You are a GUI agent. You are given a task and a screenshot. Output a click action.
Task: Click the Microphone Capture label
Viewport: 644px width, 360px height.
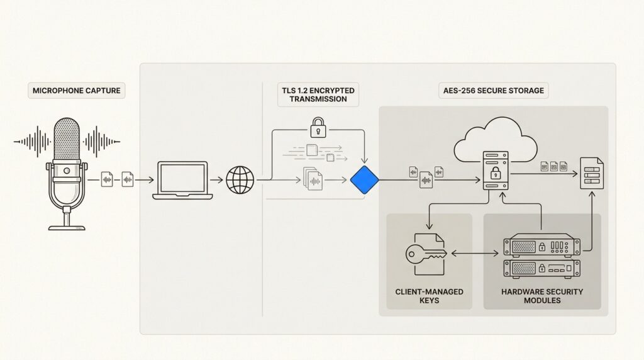[75, 91]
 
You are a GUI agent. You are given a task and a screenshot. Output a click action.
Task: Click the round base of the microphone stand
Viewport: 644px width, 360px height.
[67, 226]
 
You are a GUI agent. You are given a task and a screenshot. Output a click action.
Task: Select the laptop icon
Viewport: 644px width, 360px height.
[182, 180]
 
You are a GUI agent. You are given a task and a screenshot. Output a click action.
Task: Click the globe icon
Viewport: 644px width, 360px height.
[240, 180]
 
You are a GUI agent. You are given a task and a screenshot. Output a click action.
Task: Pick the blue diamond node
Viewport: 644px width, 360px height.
[365, 181]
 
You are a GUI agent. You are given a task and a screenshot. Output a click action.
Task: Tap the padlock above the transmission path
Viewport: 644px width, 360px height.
[316, 128]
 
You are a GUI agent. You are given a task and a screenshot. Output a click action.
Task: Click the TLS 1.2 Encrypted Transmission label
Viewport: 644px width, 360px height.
[318, 94]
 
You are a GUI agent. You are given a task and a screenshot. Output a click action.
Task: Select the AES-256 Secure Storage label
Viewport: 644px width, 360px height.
[492, 91]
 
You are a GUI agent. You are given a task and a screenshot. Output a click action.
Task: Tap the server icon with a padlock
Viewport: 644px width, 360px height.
[496, 171]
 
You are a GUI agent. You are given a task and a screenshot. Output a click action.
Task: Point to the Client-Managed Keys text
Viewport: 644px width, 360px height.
[429, 296]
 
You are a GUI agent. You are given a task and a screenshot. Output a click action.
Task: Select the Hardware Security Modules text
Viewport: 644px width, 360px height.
[541, 296]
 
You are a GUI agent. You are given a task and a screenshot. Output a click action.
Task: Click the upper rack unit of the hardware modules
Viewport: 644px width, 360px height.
[541, 245]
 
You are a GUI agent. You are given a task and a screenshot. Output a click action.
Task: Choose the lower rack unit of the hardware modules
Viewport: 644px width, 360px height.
[541, 269]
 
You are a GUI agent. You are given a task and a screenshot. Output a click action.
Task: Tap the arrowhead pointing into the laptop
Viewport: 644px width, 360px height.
[151, 181]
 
